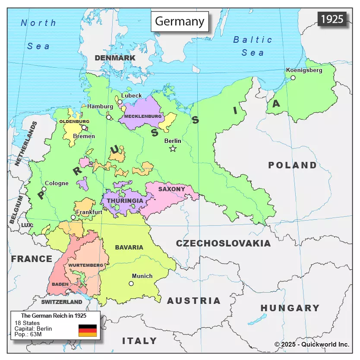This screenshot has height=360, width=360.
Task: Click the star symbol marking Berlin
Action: (x=173, y=148)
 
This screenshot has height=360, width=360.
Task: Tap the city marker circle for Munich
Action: (x=131, y=284)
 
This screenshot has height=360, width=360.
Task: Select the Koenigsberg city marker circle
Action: (x=293, y=78)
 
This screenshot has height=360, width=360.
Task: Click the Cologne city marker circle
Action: (x=44, y=189)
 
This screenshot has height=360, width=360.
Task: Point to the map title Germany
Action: (x=179, y=22)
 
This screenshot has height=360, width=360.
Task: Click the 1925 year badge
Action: (x=332, y=19)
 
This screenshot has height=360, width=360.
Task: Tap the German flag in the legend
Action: (x=88, y=330)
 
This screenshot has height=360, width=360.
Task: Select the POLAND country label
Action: (x=292, y=165)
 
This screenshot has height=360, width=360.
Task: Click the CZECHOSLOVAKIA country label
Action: (x=223, y=243)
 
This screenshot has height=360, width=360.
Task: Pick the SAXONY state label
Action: (x=171, y=189)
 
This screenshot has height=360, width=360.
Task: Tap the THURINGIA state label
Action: (x=125, y=201)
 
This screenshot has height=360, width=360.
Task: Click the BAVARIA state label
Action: (x=129, y=247)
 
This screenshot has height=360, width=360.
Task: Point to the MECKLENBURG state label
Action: (x=142, y=117)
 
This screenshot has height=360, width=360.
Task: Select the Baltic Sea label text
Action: (x=253, y=46)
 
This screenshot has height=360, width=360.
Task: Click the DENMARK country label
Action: (x=115, y=58)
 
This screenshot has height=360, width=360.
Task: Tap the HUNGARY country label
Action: (x=290, y=308)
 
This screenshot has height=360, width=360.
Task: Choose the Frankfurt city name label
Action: (x=89, y=212)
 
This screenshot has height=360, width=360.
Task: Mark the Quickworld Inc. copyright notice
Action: (x=312, y=344)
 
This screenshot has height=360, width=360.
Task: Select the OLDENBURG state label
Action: (x=74, y=122)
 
